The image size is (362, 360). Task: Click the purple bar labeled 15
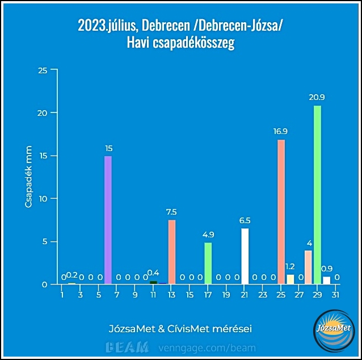click(108, 220)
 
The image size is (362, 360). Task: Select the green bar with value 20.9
click(317, 195)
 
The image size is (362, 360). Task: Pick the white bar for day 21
click(245, 256)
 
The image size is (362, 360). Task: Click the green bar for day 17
click(208, 263)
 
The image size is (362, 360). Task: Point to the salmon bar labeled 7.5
click(172, 252)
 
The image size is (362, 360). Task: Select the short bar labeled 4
click(308, 267)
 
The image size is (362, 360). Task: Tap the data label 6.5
click(245, 220)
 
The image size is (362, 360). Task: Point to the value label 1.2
click(290, 266)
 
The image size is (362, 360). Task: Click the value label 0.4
click(153, 273)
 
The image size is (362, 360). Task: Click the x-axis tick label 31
click(335, 295)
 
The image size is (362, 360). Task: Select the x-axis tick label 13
click(172, 295)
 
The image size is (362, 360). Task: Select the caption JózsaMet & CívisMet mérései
click(180, 329)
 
